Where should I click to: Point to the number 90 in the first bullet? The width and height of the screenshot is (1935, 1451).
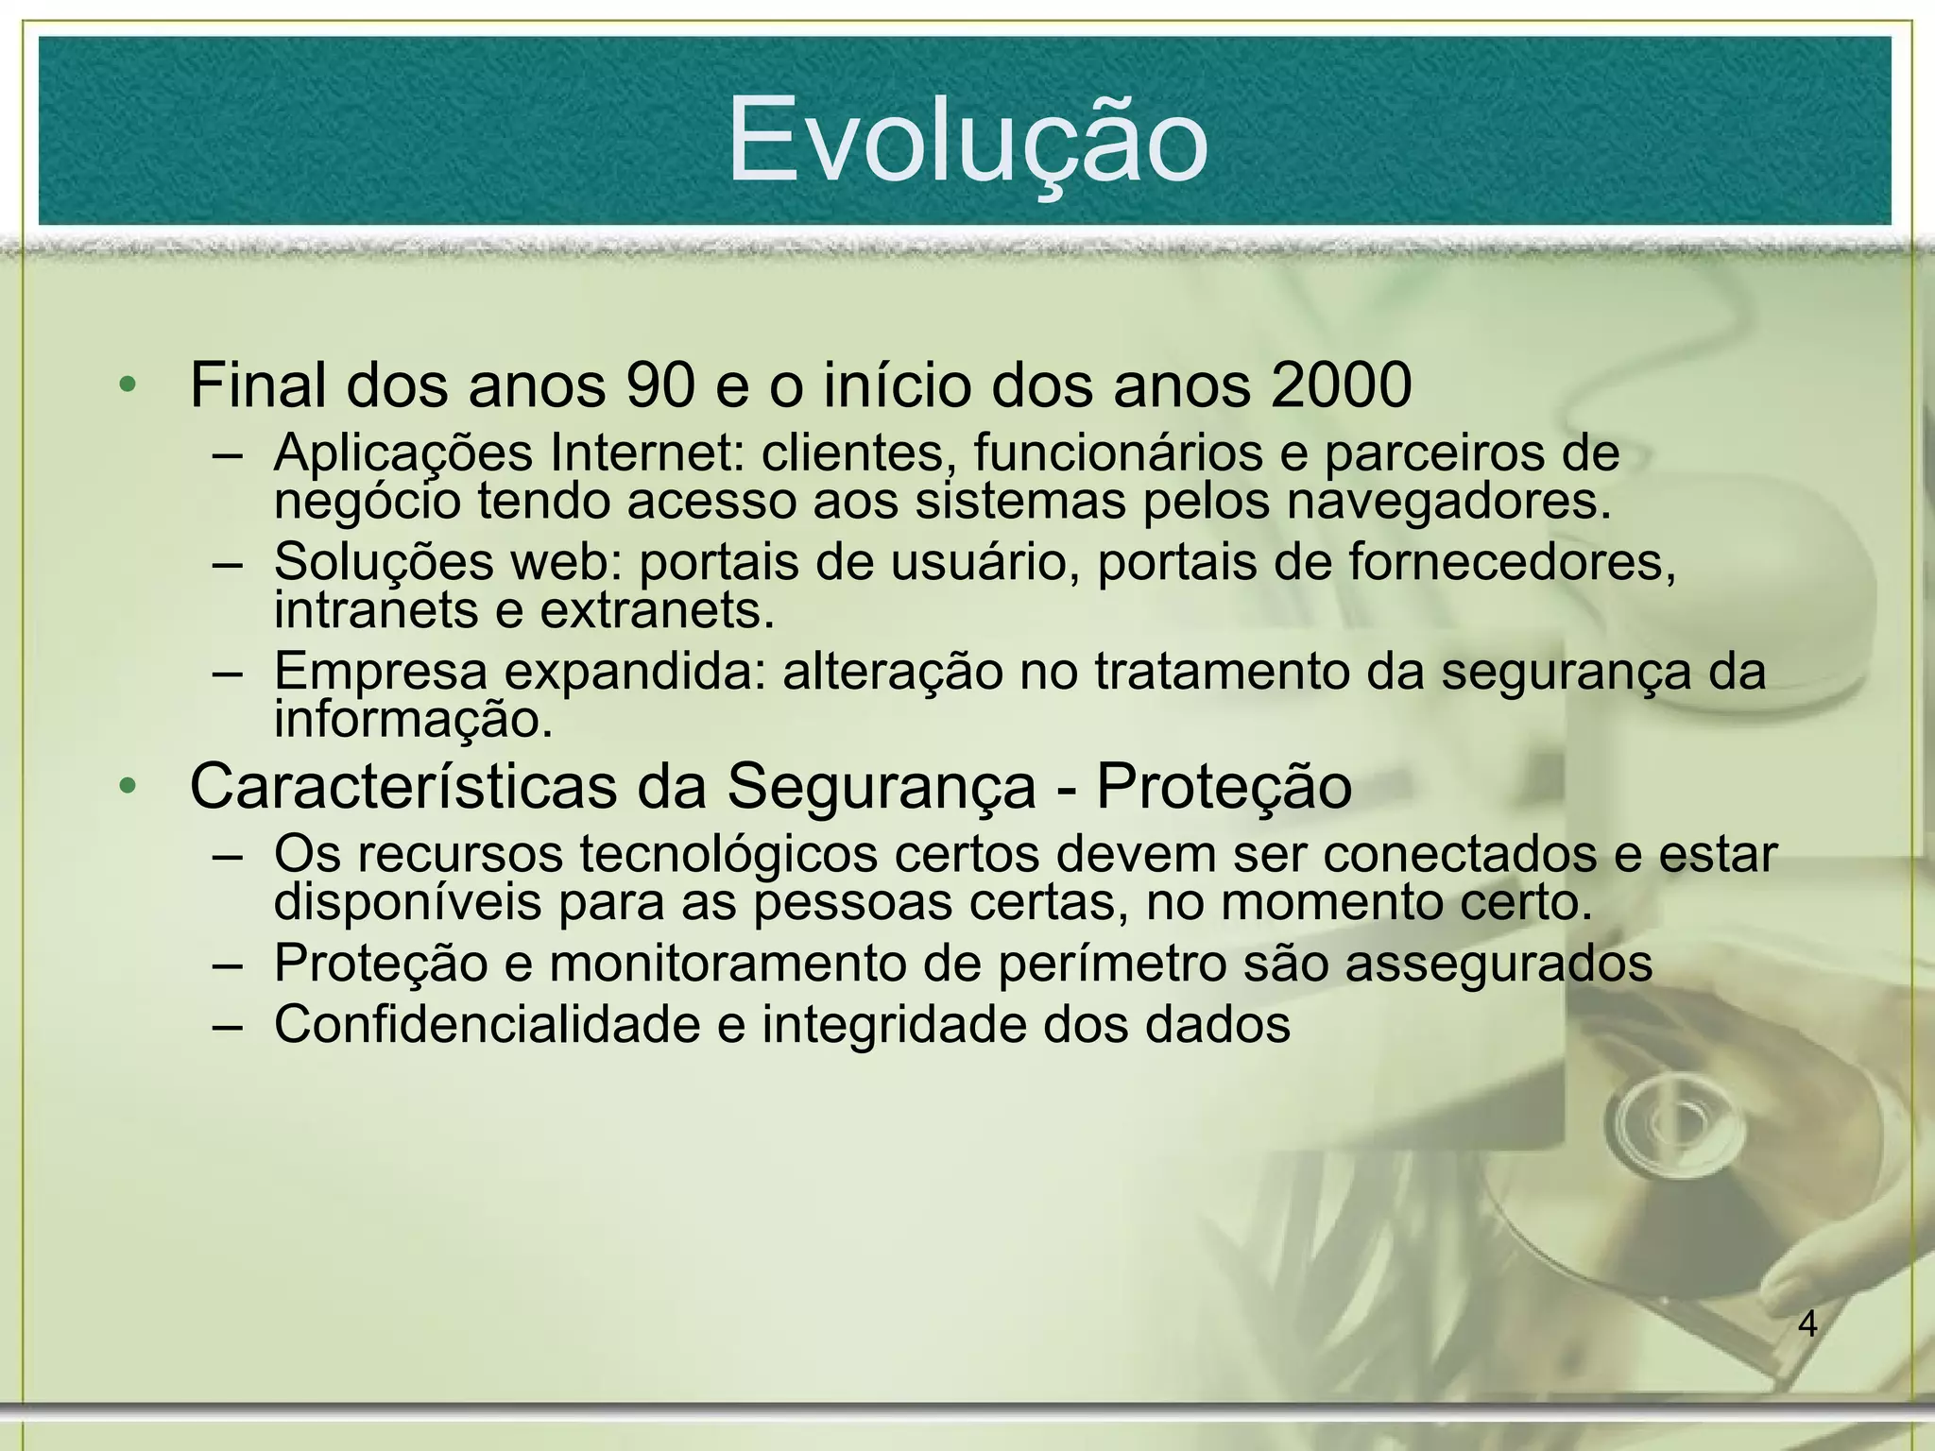coord(660,385)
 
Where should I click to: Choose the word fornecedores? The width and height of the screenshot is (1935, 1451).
coord(1512,562)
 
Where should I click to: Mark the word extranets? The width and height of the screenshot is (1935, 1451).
coord(658,610)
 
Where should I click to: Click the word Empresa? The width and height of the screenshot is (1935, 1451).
coord(381,673)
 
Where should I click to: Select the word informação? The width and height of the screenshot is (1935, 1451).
coord(413,720)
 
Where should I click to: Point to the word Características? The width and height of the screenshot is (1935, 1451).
coord(402,786)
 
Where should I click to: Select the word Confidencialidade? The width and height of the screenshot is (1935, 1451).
coord(487,1024)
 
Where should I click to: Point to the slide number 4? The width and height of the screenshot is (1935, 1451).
coord(1807,1324)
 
